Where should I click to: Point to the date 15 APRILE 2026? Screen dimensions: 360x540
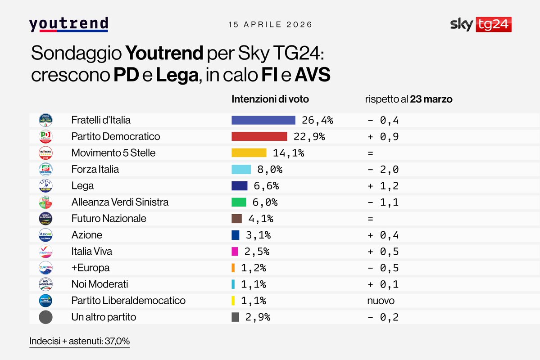tap(270, 24)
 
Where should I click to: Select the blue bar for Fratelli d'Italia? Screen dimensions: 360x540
tap(263, 120)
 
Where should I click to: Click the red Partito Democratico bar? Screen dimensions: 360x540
tap(259, 136)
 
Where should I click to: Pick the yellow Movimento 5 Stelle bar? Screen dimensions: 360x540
tap(249, 153)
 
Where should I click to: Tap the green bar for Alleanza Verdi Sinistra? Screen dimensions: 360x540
tap(239, 202)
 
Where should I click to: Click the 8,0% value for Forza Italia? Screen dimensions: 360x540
tap(269, 169)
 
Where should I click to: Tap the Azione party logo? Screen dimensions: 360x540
tap(45, 235)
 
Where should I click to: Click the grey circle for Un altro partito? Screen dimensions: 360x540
tap(45, 317)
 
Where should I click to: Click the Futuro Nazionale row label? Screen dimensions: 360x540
tap(109, 218)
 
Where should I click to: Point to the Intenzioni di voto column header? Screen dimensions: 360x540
tap(270, 99)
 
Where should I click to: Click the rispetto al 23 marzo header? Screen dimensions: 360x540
tap(408, 99)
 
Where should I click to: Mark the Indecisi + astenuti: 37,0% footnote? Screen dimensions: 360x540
tap(80, 341)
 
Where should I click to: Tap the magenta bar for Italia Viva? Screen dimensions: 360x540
tap(235, 251)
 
